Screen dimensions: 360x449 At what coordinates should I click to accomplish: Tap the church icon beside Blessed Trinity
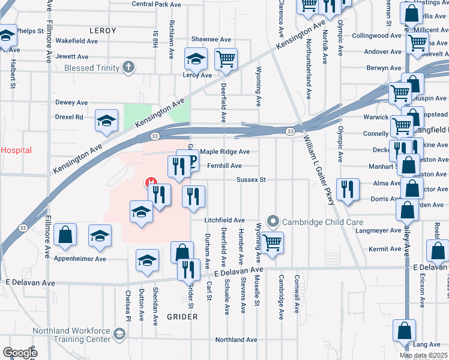128,67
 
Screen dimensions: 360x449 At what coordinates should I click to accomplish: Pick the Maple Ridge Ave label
225,152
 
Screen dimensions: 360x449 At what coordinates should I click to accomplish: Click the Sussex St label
251,179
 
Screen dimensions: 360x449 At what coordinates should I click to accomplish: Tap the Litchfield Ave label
224,220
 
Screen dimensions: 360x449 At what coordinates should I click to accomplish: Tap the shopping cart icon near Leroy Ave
226,59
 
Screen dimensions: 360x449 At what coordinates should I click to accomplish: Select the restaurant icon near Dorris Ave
347,190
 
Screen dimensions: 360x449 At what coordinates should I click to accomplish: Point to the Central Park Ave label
156,4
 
